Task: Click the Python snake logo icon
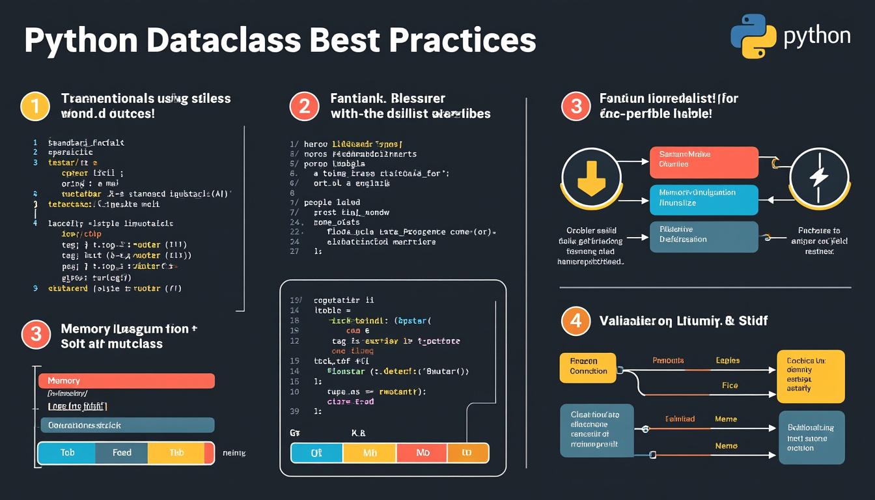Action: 753,36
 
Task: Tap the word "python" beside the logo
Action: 817,35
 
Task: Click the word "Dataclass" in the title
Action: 223,40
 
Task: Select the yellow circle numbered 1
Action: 35,106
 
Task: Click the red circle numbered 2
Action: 304,106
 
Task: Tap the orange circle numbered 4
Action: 576,321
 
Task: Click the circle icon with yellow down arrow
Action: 592,178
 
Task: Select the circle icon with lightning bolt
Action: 819,178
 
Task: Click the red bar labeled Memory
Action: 126,381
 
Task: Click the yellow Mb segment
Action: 369,453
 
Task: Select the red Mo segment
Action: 421,453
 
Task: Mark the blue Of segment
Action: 316,453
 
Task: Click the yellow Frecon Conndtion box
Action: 588,367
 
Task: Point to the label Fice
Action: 730,385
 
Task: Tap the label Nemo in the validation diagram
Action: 726,446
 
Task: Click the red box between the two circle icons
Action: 704,162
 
